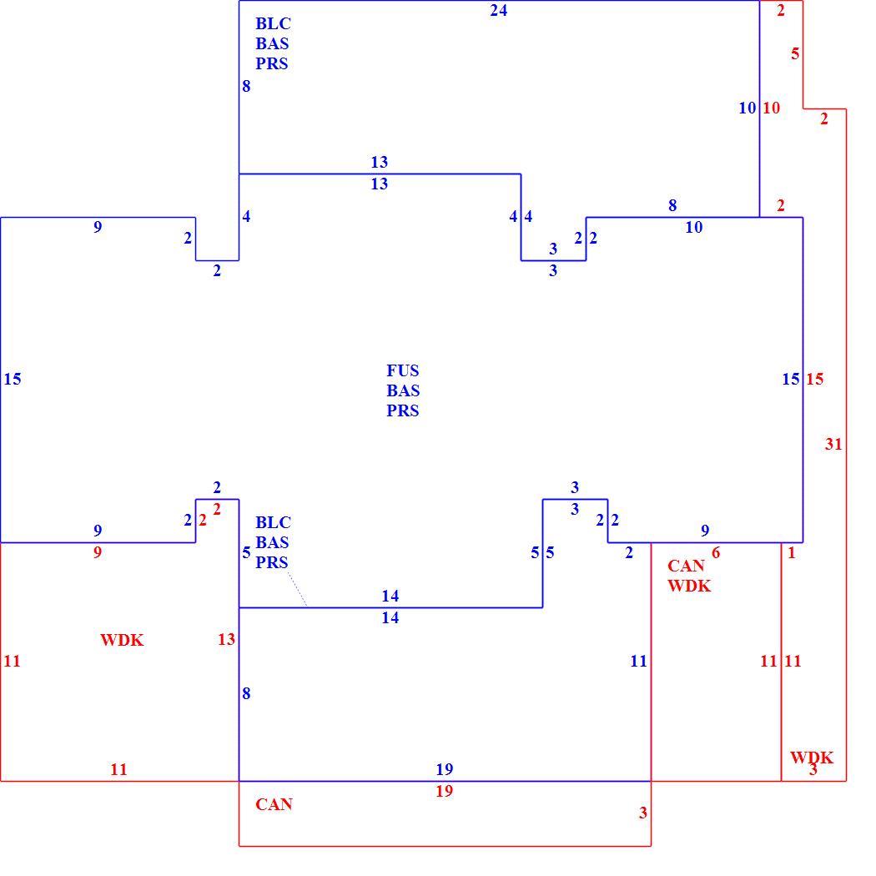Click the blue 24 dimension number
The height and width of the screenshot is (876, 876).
click(x=498, y=11)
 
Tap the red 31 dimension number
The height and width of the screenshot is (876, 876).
click(x=833, y=444)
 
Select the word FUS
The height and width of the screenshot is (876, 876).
click(x=402, y=370)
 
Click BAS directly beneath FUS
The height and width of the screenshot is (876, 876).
click(x=403, y=390)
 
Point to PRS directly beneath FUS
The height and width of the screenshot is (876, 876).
click(x=402, y=410)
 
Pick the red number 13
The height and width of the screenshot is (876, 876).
click(x=226, y=639)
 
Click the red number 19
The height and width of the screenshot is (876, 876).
click(x=444, y=791)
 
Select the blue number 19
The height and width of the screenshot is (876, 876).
click(x=444, y=769)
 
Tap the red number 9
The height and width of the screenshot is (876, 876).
click(x=98, y=552)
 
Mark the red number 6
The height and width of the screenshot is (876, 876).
click(x=716, y=552)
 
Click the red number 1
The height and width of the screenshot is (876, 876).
click(x=791, y=552)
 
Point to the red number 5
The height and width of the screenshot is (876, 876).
click(x=795, y=53)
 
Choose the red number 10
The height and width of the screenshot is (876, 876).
click(x=772, y=108)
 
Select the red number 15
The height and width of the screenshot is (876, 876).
click(x=814, y=380)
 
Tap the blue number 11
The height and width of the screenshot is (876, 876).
click(x=638, y=661)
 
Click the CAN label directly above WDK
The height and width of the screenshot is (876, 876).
click(x=686, y=566)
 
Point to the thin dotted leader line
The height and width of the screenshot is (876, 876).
click(x=297, y=589)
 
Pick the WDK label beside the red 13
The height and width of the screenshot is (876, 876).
click(x=122, y=640)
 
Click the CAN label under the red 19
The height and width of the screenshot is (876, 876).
click(x=274, y=804)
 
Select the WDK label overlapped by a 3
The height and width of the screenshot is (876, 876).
click(x=812, y=758)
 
